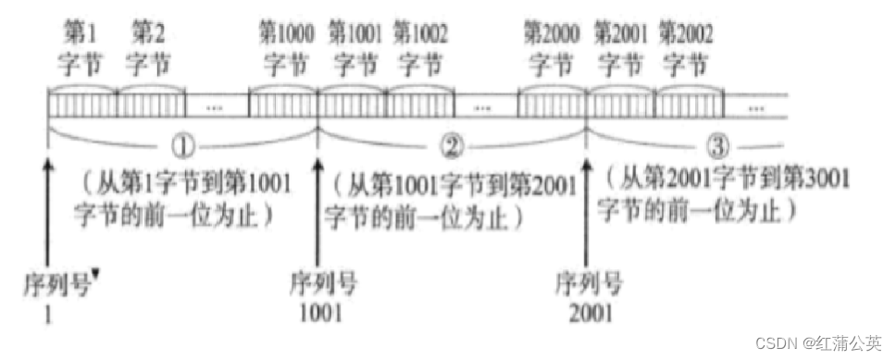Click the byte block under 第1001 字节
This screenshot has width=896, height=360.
coord(352,105)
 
